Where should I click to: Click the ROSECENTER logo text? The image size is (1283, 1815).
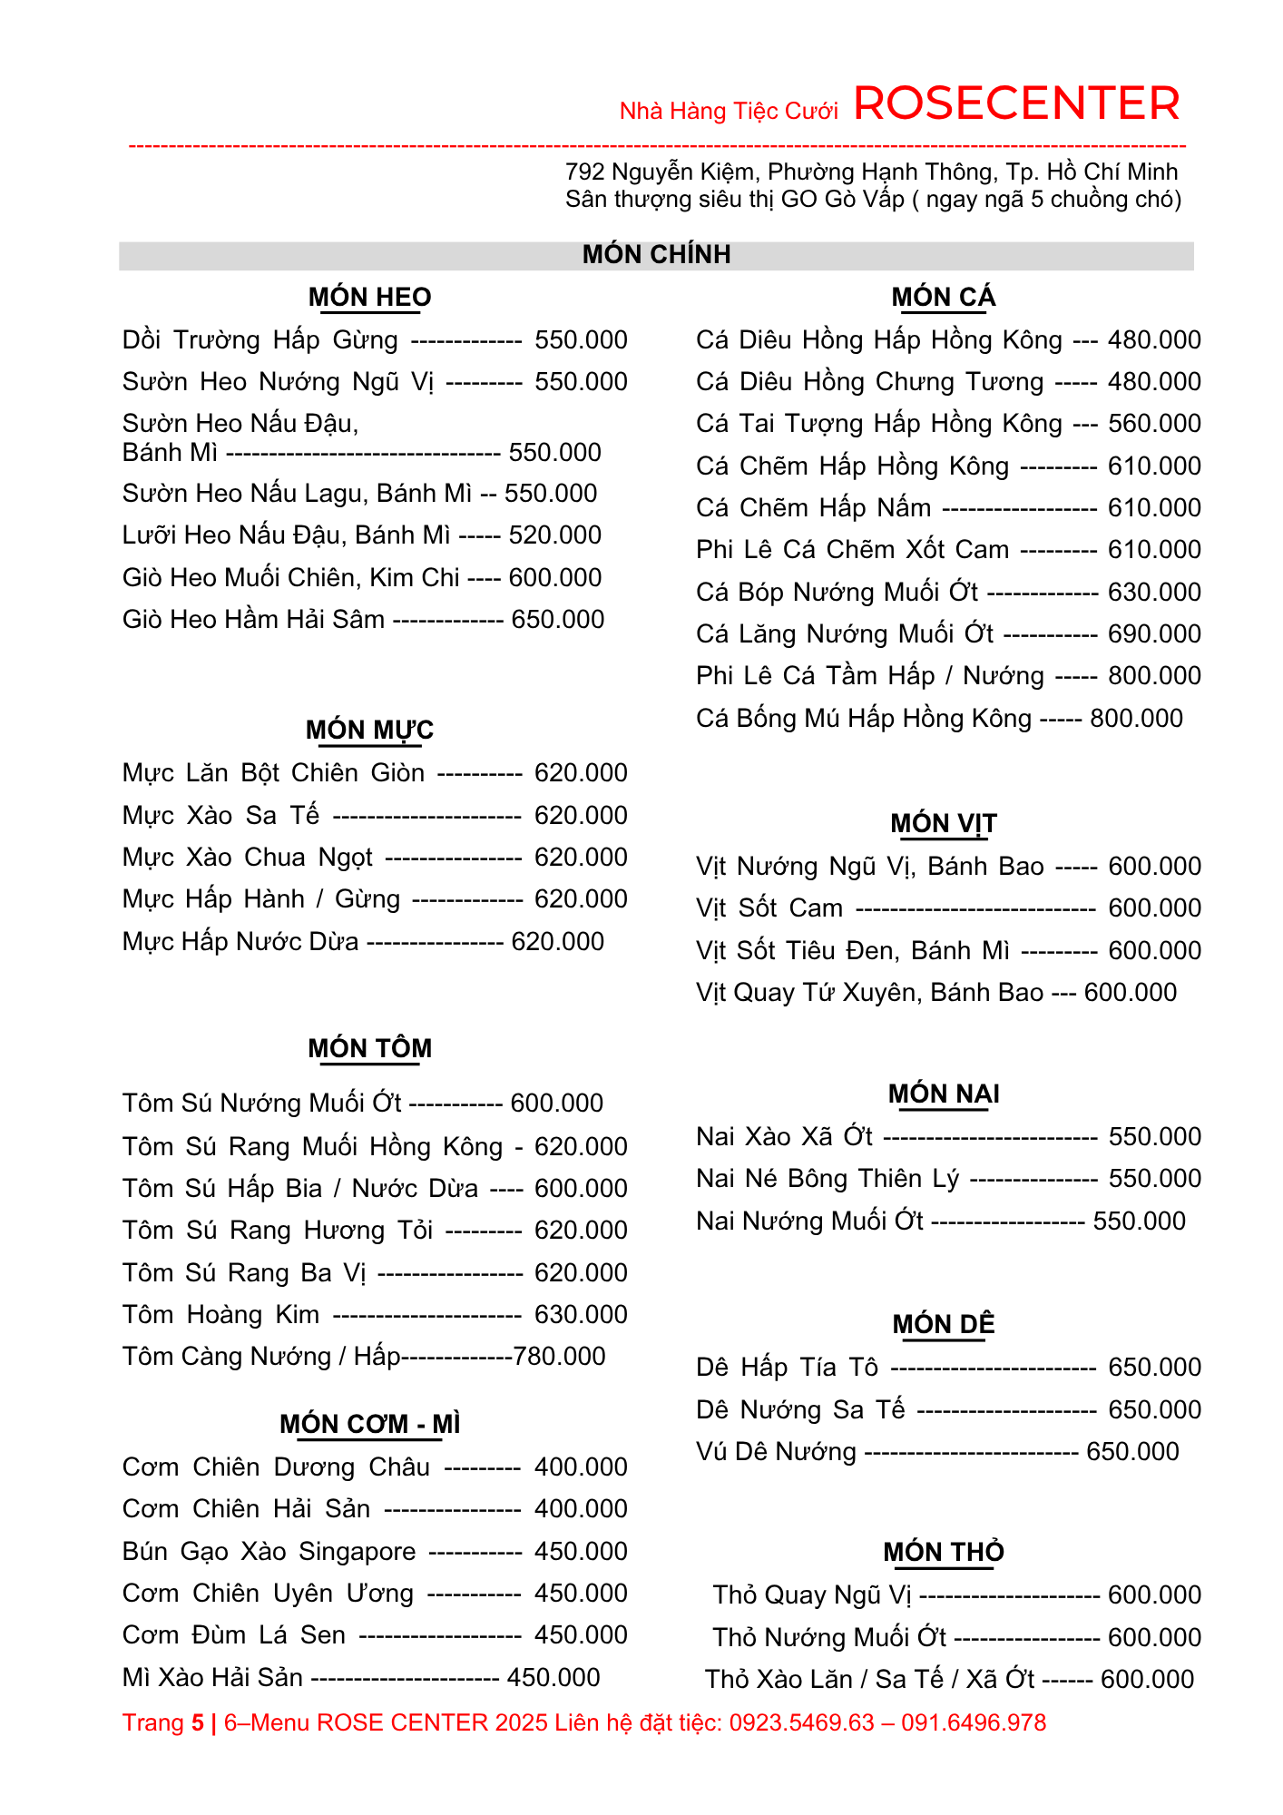click(1016, 103)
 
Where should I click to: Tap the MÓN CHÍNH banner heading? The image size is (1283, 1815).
click(656, 254)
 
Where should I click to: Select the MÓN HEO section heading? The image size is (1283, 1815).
click(369, 297)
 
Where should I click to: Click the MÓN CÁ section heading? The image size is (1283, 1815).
click(943, 297)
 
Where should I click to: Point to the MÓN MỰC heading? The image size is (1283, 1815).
click(369, 730)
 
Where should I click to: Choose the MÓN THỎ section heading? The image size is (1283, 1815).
click(944, 1552)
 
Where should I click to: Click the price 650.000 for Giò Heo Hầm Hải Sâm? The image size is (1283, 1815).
click(558, 620)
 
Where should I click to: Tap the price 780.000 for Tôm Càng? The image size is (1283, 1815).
click(559, 1357)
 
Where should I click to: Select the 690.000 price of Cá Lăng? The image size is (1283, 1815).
click(1154, 634)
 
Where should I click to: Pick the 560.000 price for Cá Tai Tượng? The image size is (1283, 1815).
click(1154, 424)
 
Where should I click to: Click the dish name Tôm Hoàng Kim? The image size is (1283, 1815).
click(221, 1315)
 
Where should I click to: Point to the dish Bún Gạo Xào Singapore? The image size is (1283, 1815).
click(269, 1552)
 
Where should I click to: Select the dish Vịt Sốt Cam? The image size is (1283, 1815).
click(769, 908)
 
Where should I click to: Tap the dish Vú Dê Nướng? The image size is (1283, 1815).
click(776, 1452)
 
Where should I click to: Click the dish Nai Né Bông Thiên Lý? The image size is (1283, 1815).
click(828, 1179)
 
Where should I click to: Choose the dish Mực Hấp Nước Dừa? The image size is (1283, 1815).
click(240, 942)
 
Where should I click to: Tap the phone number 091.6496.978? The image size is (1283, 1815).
click(974, 1722)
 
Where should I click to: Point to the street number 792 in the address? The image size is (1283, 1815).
click(584, 172)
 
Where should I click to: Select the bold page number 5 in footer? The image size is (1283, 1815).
click(198, 1722)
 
